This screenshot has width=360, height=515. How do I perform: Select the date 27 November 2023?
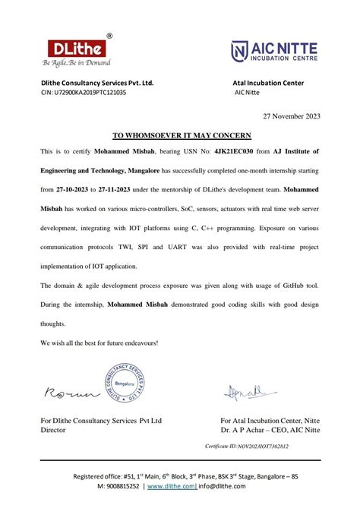[292, 116]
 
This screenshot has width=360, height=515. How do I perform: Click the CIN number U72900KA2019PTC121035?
[90, 92]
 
